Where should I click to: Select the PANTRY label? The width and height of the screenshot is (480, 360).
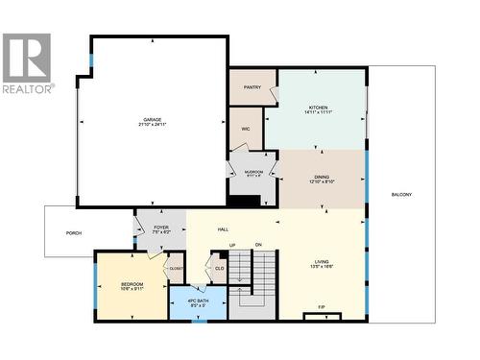252,86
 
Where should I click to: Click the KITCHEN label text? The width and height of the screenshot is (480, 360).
319,108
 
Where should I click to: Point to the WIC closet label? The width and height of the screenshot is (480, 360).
246,128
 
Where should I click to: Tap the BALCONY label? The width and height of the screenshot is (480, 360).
401,196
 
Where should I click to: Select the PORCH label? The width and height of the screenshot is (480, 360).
73,231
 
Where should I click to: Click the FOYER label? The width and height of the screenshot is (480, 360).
161,228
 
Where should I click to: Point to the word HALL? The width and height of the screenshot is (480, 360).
222,228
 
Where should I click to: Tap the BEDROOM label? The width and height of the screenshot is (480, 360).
132,284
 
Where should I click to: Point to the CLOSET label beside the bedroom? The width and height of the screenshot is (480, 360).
177,269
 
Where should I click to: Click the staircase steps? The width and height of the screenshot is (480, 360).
256,278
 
